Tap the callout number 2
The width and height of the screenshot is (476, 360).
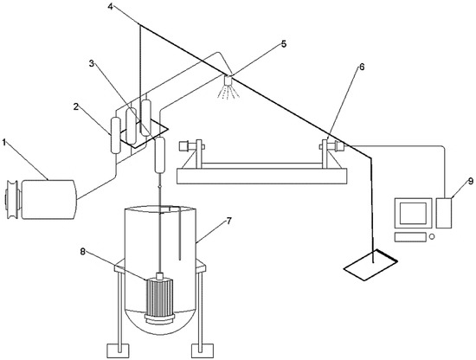click(76, 106)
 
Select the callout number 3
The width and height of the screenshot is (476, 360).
click(92, 63)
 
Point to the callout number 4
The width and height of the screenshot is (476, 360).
click(110, 6)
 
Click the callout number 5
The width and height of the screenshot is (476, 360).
click(284, 44)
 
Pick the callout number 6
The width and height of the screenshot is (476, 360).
click(362, 67)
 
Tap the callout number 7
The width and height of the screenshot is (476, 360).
click(228, 221)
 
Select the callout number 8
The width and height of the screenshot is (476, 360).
click(83, 251)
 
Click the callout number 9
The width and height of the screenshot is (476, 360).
click(470, 181)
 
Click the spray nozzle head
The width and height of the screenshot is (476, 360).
click(228, 80)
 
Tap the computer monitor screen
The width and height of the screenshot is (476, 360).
click(413, 213)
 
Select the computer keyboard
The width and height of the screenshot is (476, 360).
click(410, 237)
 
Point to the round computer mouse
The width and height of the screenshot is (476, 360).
click(432, 236)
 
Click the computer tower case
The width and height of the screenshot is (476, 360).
click(443, 213)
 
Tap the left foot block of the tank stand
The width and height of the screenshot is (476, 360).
click(119, 350)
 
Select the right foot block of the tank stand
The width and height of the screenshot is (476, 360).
click(203, 350)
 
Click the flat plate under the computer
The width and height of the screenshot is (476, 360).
click(370, 265)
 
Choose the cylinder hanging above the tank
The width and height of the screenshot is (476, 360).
click(160, 155)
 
